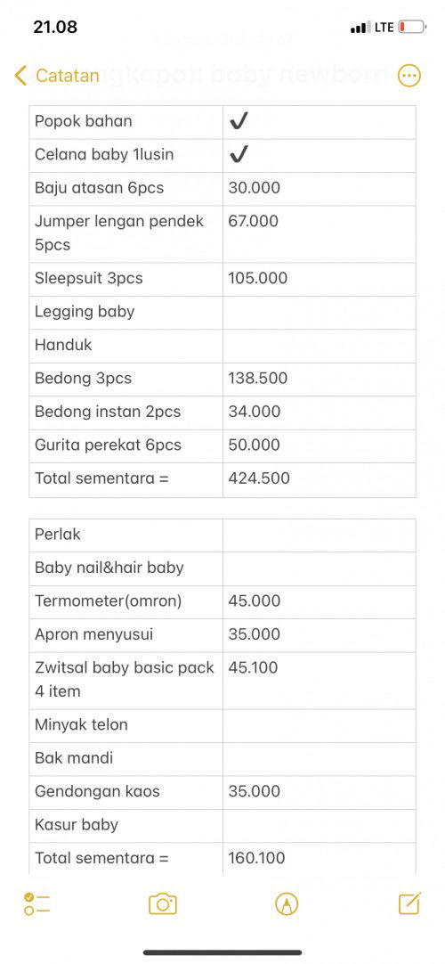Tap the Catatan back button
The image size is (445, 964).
pyautogui.click(x=57, y=76)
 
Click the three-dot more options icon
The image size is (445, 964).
pyautogui.click(x=409, y=76)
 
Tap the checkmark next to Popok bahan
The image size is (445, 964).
pyautogui.click(x=239, y=121)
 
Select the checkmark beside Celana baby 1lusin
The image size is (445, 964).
pyautogui.click(x=239, y=155)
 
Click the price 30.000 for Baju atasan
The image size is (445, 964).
pyautogui.click(x=255, y=188)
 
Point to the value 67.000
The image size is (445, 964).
pyautogui.click(x=254, y=221)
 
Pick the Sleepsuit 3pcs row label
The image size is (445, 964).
pyautogui.click(x=89, y=278)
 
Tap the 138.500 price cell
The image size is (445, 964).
pyautogui.click(x=258, y=378)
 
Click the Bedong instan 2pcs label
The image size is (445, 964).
pyautogui.click(x=108, y=412)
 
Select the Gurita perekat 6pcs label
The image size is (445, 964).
pyautogui.click(x=108, y=445)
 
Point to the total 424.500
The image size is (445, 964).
pyautogui.click(x=259, y=478)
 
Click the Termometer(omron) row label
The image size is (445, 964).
pyautogui.click(x=108, y=600)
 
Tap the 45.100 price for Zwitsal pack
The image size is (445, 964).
pyautogui.click(x=254, y=667)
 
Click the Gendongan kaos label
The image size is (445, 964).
pyautogui.click(x=97, y=791)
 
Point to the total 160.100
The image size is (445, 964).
pyautogui.click(x=257, y=858)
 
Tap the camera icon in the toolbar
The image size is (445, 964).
pyautogui.click(x=163, y=904)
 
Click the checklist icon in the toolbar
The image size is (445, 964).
pyautogui.click(x=36, y=904)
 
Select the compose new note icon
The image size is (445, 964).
pyautogui.click(x=409, y=903)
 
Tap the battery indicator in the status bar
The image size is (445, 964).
pyautogui.click(x=411, y=28)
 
